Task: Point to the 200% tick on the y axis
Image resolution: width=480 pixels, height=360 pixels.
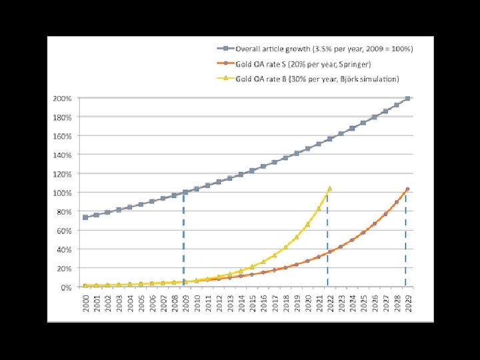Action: point(63,98)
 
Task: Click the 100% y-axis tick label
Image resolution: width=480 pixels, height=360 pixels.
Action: point(63,193)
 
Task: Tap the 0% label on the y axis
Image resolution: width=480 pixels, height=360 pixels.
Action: point(67,287)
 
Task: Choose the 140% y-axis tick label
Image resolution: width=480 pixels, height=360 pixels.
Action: point(63,155)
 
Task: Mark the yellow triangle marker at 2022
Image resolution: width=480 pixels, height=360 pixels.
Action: point(329,189)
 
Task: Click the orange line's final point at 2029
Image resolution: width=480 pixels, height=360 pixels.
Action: point(407,189)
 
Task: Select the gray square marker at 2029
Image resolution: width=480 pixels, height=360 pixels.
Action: point(407,99)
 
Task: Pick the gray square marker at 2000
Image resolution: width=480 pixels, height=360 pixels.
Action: point(85,217)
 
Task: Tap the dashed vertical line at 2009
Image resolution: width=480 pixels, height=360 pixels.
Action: point(184,240)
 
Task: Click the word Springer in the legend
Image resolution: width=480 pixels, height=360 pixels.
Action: point(356,64)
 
